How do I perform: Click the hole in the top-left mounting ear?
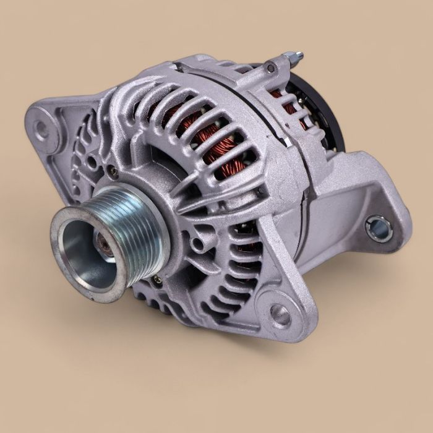click(42, 129)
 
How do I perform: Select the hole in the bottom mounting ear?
click(280, 315)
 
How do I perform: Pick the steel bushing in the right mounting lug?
click(378, 228)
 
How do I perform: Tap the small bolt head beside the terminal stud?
click(271, 67)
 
